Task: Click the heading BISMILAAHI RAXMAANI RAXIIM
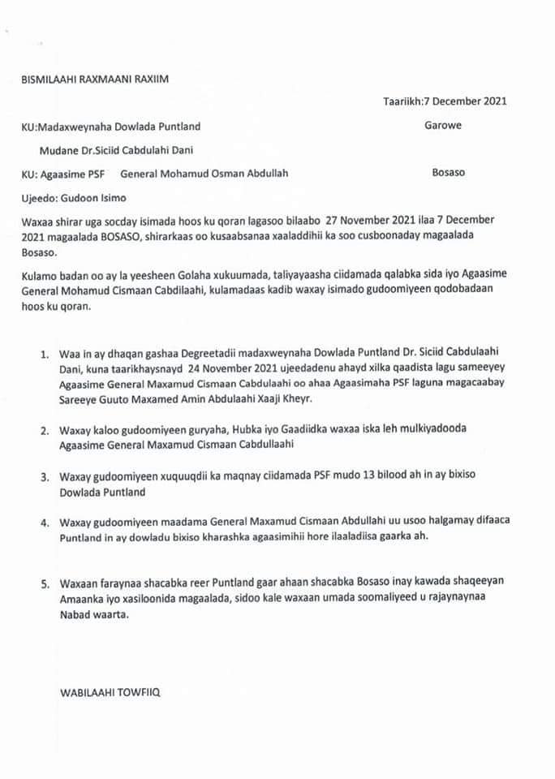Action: click(97, 79)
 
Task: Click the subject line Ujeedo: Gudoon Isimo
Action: click(73, 198)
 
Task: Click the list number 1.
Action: click(44, 355)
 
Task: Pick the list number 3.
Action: click(44, 477)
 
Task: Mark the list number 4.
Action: click(44, 522)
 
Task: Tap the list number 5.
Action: click(44, 584)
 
